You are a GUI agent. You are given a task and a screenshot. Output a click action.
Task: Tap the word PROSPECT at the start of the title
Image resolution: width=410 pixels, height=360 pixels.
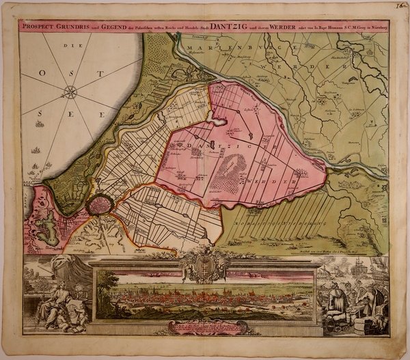38,29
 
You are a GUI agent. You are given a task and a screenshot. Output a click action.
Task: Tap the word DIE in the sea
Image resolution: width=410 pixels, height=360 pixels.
68,47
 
